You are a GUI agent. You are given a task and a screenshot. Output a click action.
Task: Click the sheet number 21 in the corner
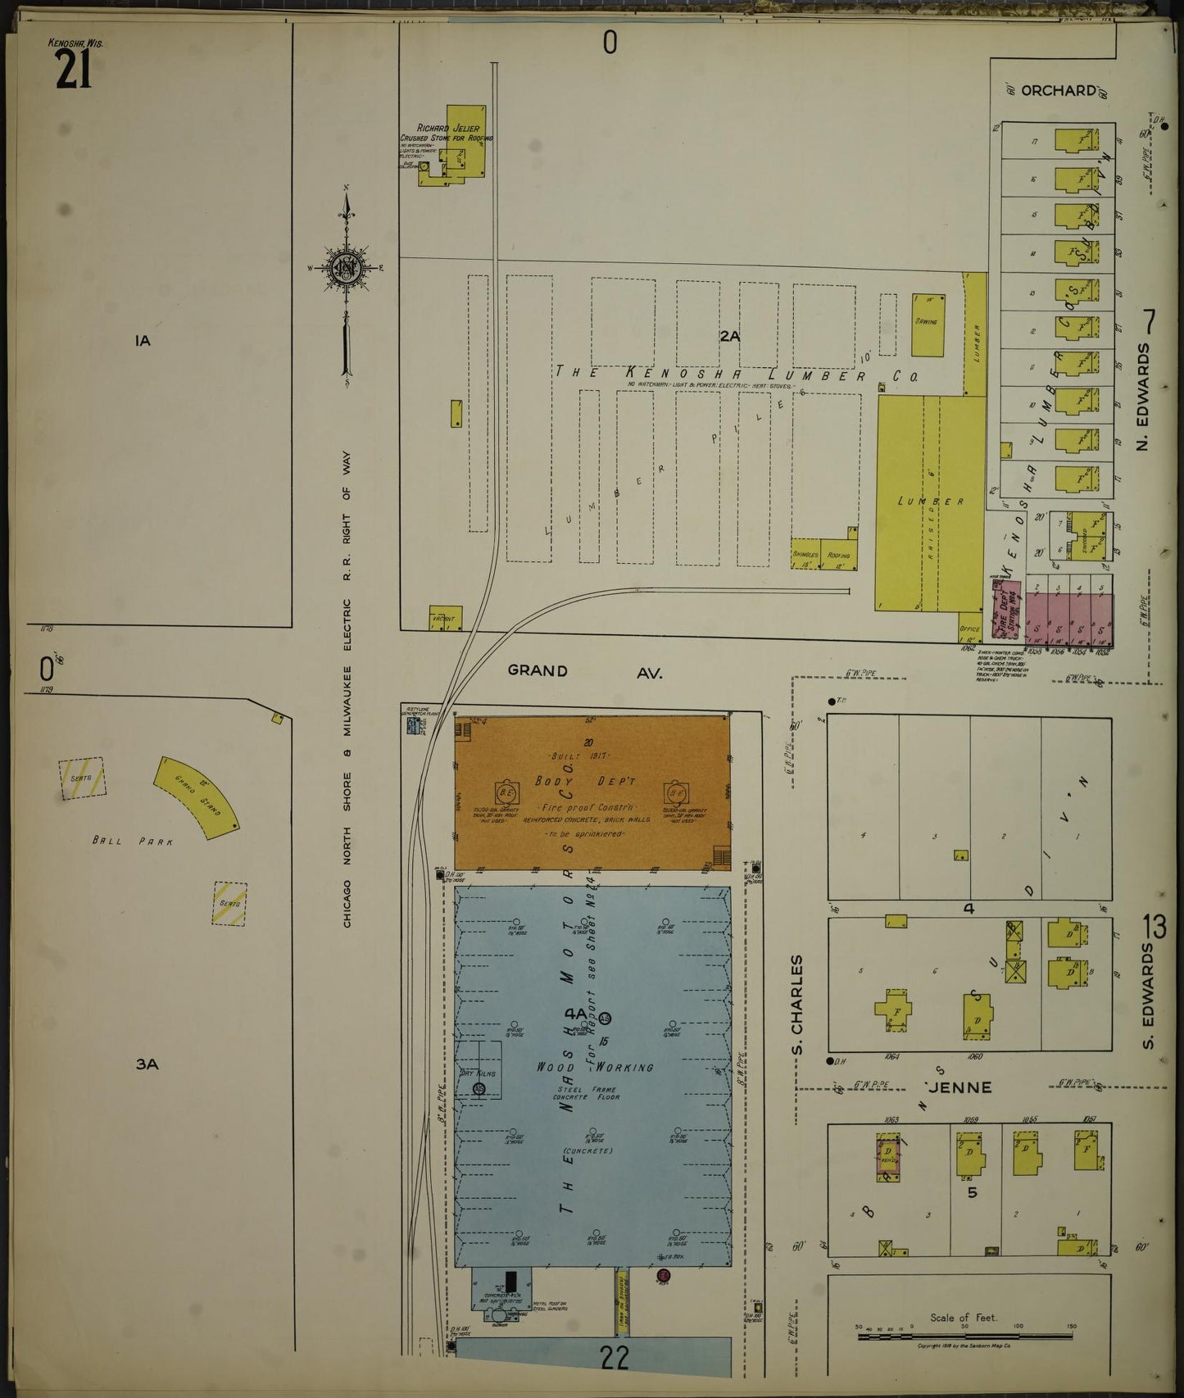pos(73,69)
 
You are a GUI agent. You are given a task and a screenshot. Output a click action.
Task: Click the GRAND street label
pos(538,670)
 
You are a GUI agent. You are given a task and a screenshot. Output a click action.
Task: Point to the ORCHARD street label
pos(1059,91)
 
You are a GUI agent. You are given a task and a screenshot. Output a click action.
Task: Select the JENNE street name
pos(959,1087)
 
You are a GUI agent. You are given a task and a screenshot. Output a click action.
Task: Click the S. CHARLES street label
pos(796,1005)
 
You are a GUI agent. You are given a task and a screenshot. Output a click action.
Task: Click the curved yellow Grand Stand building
pos(197,796)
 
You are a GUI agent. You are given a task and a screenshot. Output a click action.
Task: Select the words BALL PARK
pos(133,840)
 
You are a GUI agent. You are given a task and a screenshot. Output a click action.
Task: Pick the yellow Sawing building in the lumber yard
pos(927,325)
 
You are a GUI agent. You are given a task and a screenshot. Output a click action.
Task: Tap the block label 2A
pos(729,335)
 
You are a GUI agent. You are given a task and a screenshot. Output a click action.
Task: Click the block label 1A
pos(143,340)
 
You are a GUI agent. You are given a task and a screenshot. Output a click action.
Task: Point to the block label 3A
pos(147,1064)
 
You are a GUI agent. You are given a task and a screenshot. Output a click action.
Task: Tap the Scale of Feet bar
pos(964,1337)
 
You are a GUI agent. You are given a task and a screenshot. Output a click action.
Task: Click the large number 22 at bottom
pos(615,1358)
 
